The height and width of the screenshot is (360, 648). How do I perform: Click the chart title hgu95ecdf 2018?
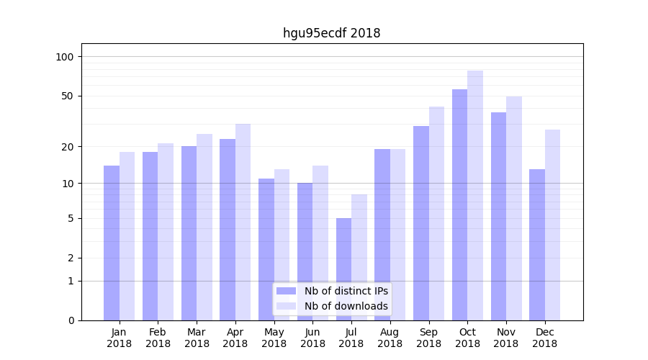(x=331, y=33)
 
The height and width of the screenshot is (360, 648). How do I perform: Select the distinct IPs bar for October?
(x=459, y=204)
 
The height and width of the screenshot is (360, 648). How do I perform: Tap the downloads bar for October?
(x=475, y=195)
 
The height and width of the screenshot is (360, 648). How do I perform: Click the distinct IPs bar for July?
(x=343, y=269)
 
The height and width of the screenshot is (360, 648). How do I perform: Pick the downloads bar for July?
(x=359, y=257)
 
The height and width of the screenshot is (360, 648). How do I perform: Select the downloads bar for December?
(x=552, y=225)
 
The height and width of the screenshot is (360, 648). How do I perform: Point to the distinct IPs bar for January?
(x=112, y=243)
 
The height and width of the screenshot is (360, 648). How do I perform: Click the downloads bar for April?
(x=243, y=222)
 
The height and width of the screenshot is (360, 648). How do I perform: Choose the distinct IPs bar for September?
(x=421, y=223)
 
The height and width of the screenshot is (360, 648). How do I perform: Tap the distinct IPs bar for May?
(x=266, y=249)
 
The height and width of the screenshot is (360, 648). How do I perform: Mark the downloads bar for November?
(x=514, y=208)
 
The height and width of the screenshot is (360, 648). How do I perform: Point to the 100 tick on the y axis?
(x=65, y=57)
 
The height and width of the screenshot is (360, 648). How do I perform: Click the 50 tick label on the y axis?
(x=68, y=96)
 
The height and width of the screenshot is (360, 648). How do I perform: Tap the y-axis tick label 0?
(x=71, y=320)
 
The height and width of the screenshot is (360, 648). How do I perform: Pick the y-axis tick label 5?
(x=71, y=218)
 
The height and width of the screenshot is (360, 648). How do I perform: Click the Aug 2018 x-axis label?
(x=390, y=338)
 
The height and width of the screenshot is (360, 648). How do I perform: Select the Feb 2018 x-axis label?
(x=158, y=338)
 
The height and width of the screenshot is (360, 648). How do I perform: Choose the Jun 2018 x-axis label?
(x=312, y=338)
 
